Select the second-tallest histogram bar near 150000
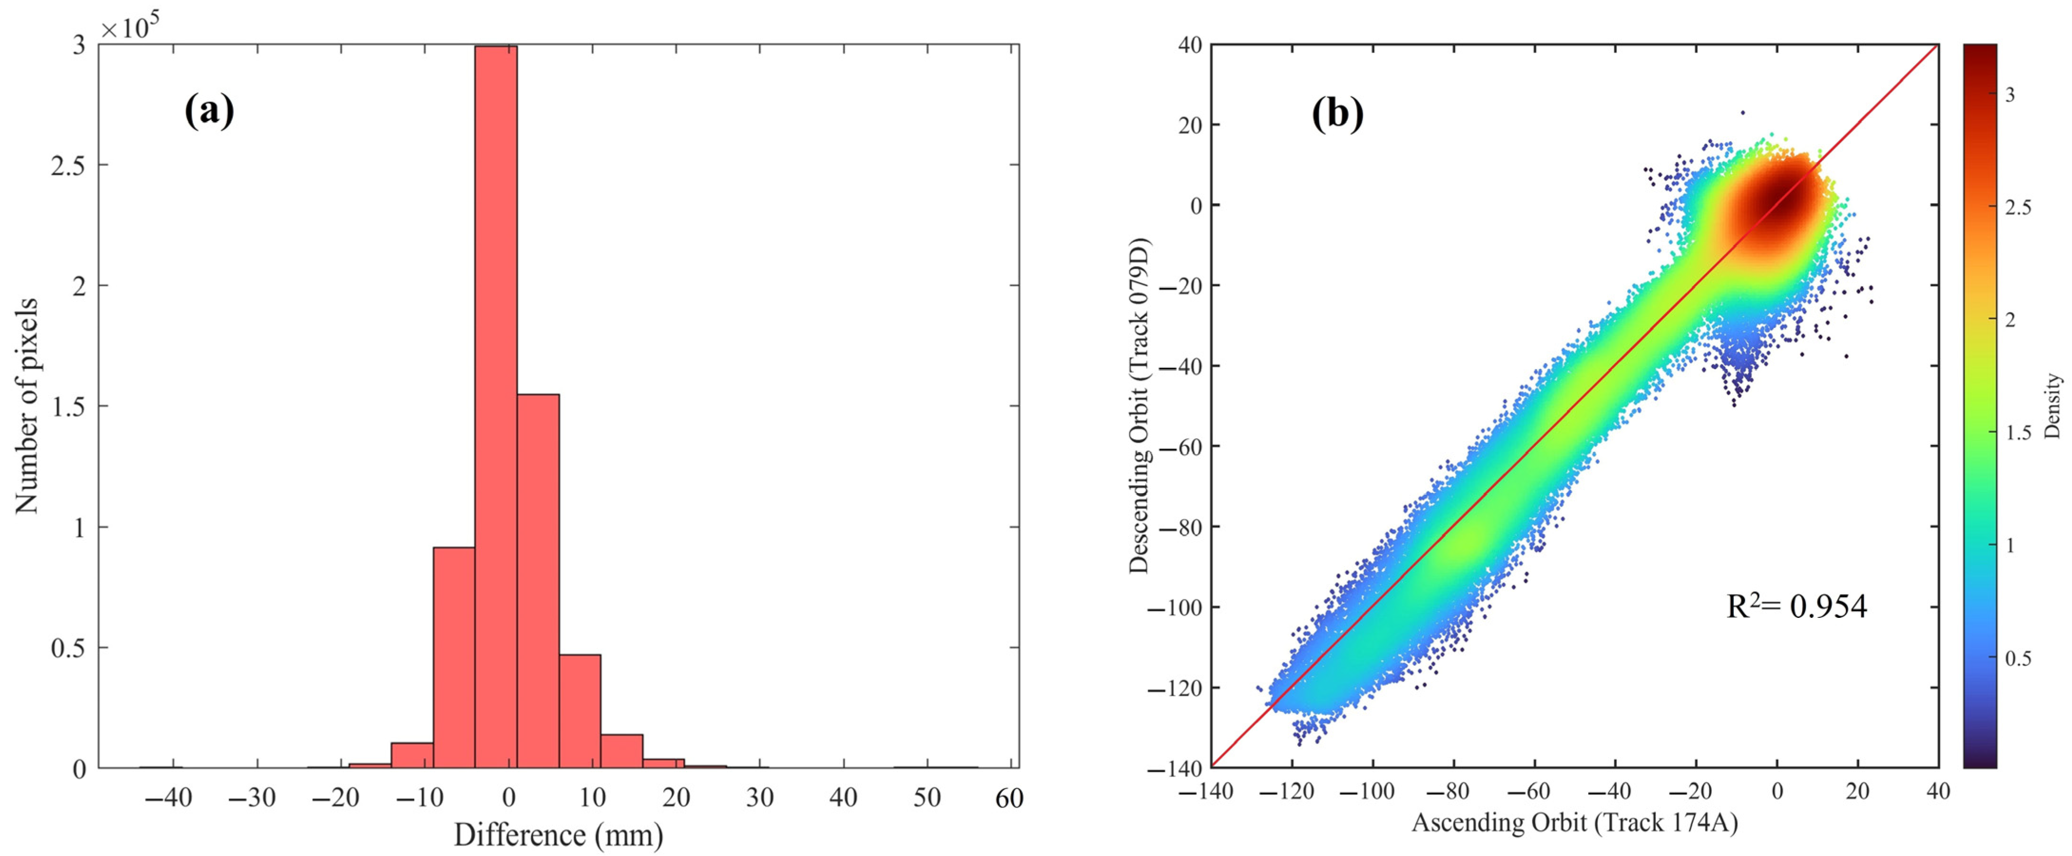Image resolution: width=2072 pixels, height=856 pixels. (538, 579)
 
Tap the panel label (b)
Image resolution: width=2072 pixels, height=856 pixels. (1337, 114)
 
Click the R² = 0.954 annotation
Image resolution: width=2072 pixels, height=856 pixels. (1796, 606)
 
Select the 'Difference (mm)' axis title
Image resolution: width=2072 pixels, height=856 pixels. (558, 835)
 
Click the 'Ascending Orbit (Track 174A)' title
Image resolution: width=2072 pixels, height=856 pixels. (1575, 822)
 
